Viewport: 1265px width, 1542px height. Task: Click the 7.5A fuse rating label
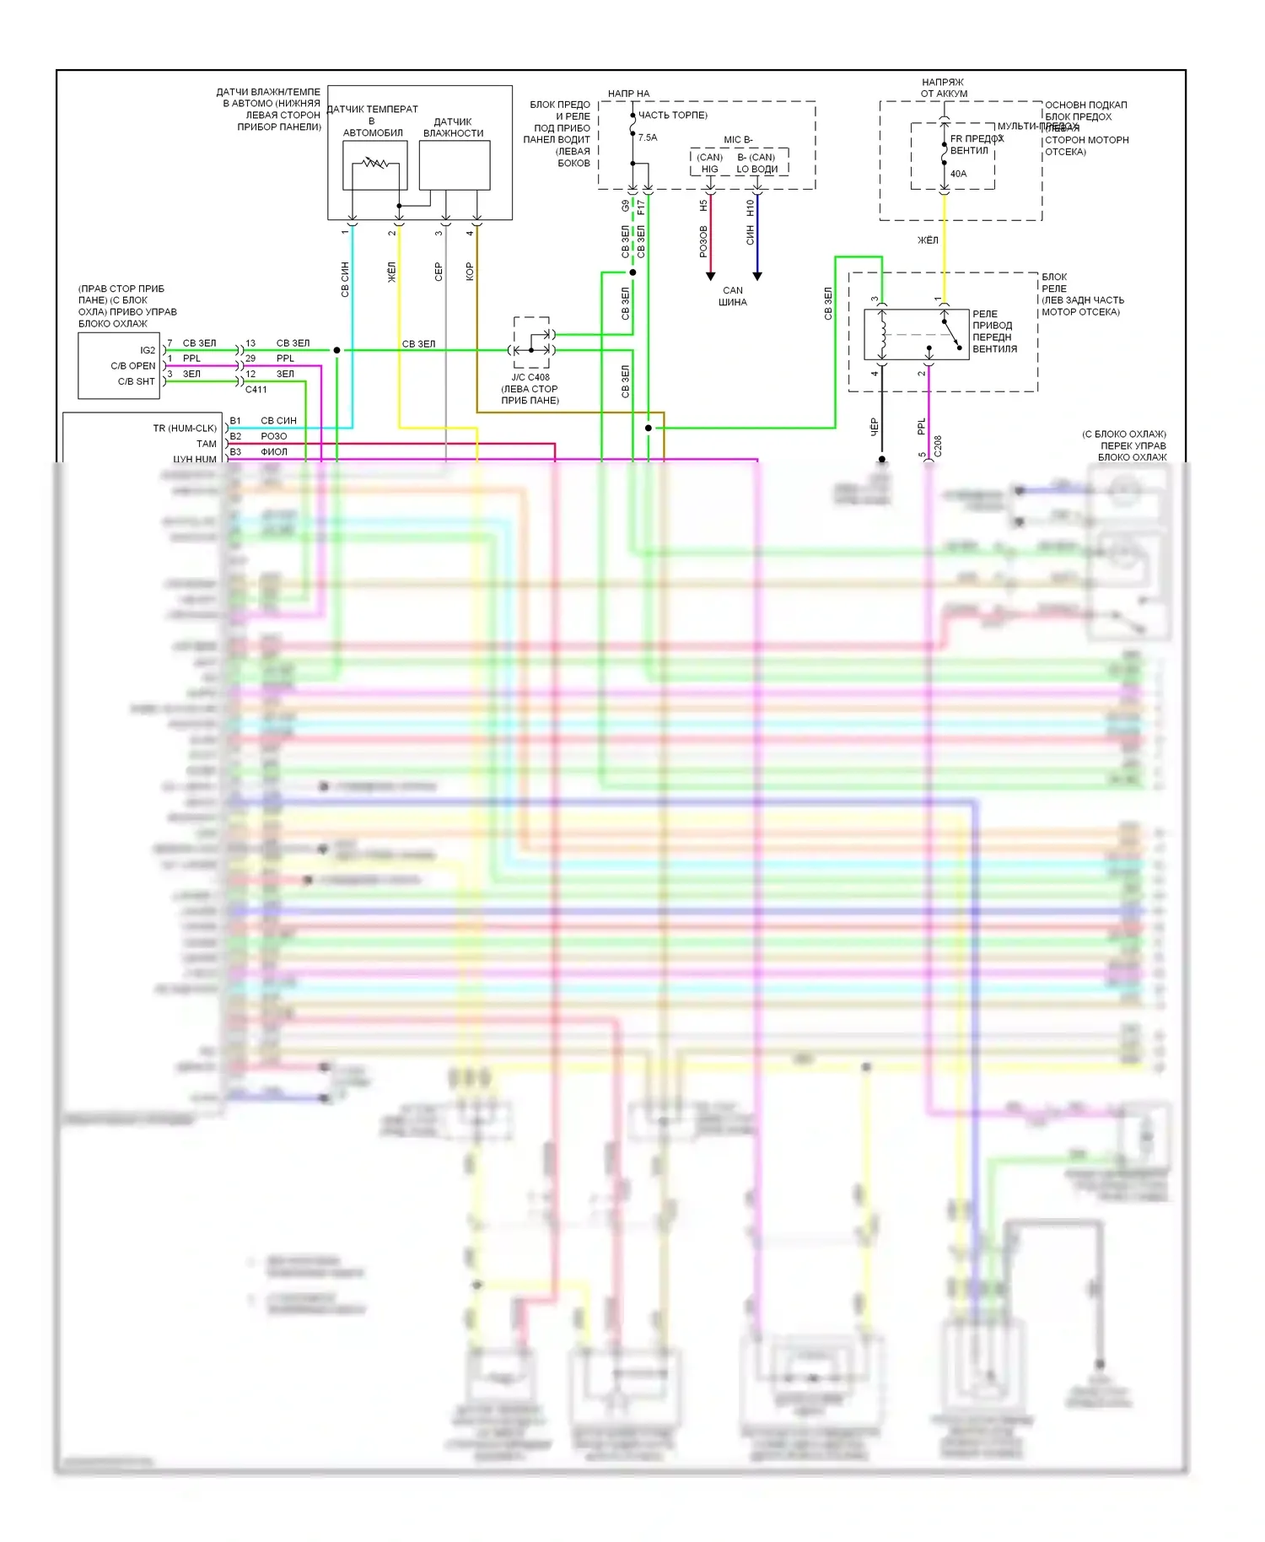click(648, 137)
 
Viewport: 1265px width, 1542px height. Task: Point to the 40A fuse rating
click(958, 174)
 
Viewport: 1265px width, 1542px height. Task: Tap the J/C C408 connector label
click(530, 377)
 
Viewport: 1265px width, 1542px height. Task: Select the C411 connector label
click(256, 390)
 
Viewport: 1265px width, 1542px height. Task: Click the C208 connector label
click(938, 445)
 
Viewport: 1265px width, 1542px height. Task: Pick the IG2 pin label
click(148, 350)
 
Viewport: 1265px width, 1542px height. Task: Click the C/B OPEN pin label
click(133, 366)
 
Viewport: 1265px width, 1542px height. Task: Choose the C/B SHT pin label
click(137, 381)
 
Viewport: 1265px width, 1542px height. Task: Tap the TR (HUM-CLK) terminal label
click(185, 429)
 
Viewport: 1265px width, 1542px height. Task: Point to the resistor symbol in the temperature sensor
click(374, 163)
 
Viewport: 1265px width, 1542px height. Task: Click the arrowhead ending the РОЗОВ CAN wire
click(710, 276)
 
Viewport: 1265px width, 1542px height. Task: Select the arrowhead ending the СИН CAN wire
click(757, 276)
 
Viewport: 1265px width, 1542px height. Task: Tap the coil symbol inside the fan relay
click(883, 333)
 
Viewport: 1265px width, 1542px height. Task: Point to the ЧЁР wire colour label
click(875, 427)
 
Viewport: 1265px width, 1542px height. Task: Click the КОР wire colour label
click(470, 271)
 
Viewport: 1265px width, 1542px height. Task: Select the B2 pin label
click(235, 436)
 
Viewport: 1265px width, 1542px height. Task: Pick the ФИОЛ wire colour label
click(274, 452)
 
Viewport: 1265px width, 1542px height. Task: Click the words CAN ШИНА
click(733, 296)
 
